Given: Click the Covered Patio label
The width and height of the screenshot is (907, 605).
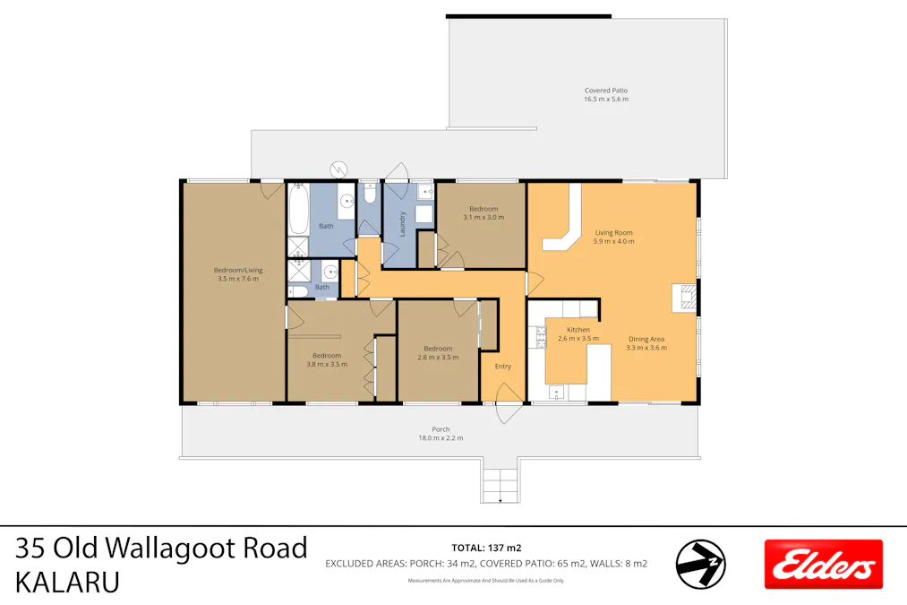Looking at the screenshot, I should [605, 91].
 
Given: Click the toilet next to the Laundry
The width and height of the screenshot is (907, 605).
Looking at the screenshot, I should [370, 194].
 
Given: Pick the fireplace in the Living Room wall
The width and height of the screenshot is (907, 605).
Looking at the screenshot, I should [686, 298].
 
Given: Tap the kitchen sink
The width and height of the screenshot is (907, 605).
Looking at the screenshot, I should [557, 392].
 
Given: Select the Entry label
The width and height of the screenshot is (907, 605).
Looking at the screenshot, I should [502, 366].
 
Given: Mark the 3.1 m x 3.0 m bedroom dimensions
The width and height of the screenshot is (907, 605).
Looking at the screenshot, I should [483, 217].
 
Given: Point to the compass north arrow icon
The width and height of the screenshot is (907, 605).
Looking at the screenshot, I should [699, 565].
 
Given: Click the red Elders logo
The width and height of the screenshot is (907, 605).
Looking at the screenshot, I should [823, 564].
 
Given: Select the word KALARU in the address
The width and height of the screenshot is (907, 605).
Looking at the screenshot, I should [67, 582].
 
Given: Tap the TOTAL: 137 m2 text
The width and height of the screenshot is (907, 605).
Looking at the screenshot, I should [487, 547].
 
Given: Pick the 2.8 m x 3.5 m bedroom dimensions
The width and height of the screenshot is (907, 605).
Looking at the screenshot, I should [438, 357].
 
